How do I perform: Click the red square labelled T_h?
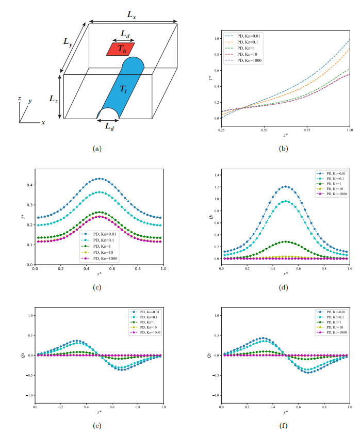tap(120, 49)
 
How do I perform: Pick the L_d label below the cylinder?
tap(109, 126)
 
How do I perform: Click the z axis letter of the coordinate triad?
tap(19, 98)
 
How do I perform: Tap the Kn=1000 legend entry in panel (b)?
tap(246, 60)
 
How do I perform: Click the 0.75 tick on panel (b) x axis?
tap(307, 131)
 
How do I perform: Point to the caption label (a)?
tap(96, 149)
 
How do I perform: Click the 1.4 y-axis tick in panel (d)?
tap(215, 175)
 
